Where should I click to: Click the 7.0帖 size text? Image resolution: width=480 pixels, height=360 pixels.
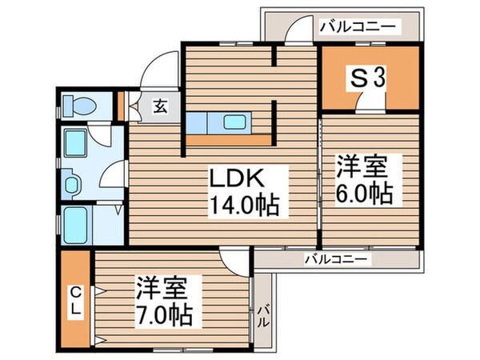(x=162, y=314)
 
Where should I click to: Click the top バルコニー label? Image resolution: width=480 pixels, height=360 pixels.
(x=357, y=26)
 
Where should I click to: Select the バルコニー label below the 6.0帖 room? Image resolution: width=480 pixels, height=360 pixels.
(x=336, y=258)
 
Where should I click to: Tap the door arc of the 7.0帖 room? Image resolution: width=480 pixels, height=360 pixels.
(x=236, y=260)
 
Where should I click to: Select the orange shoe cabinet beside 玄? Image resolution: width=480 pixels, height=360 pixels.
(x=121, y=106)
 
